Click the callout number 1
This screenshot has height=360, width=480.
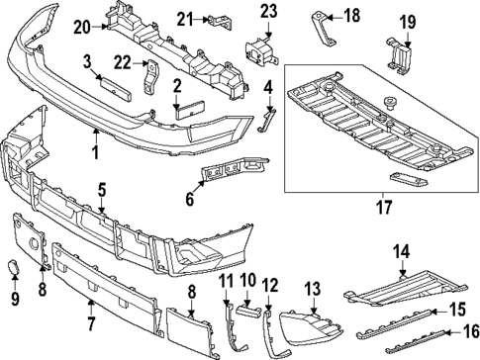96,152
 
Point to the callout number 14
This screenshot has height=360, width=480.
401,252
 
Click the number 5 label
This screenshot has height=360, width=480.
102,188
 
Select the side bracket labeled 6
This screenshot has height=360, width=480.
222,175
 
